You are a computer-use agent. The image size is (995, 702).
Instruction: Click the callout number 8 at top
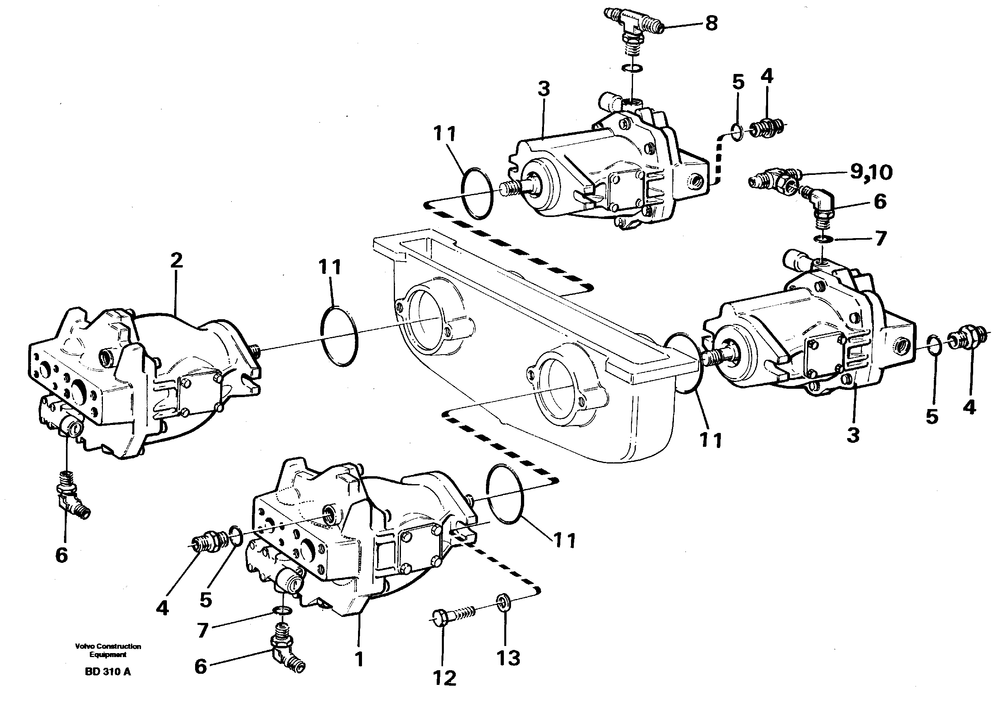coord(711,23)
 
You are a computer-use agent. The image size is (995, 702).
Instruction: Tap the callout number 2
coord(176,261)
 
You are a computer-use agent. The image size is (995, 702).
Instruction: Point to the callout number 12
coord(444,678)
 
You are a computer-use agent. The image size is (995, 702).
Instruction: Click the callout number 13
coord(508,658)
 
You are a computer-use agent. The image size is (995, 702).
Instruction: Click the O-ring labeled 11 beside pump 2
coord(339,336)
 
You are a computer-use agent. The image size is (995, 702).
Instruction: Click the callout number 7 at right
coord(880,239)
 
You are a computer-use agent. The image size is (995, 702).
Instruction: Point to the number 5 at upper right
coord(738,82)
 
